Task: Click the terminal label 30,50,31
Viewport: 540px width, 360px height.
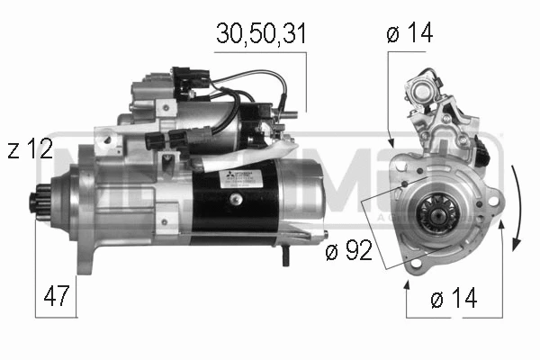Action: click(260, 34)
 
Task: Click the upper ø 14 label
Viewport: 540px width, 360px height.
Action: click(410, 34)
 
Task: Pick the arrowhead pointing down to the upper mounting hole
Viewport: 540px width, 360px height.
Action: click(390, 141)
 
